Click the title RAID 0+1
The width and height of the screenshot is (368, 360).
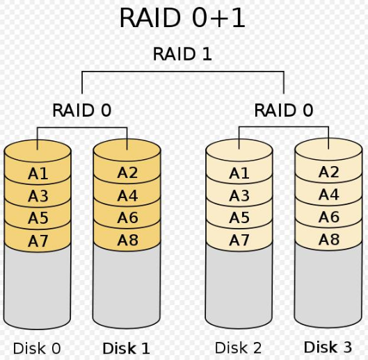(x=182, y=18)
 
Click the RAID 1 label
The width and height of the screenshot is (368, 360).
(x=182, y=54)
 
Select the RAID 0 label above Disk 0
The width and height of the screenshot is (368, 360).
(x=81, y=111)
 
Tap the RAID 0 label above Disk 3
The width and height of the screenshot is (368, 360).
(x=284, y=111)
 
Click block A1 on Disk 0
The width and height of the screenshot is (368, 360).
(x=38, y=174)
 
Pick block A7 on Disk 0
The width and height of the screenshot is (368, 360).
(x=38, y=240)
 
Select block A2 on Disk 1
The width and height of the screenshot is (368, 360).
(x=127, y=172)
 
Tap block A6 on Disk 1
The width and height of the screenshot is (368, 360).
(x=127, y=218)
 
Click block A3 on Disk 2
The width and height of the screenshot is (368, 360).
(x=239, y=195)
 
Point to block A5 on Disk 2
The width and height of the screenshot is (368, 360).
(x=239, y=218)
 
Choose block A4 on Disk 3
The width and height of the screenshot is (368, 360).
(x=328, y=194)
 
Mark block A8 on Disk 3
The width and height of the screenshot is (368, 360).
(x=328, y=239)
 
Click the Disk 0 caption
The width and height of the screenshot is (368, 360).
(x=37, y=348)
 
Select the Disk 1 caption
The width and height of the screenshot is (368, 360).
(x=127, y=348)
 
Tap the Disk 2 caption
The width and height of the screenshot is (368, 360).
(x=238, y=347)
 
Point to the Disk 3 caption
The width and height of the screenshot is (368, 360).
(x=328, y=347)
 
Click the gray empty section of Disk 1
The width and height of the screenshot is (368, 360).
(x=127, y=287)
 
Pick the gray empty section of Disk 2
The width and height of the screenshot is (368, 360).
(x=239, y=287)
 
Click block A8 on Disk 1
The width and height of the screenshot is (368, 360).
(x=127, y=240)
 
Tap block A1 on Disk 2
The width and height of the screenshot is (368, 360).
(x=239, y=173)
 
